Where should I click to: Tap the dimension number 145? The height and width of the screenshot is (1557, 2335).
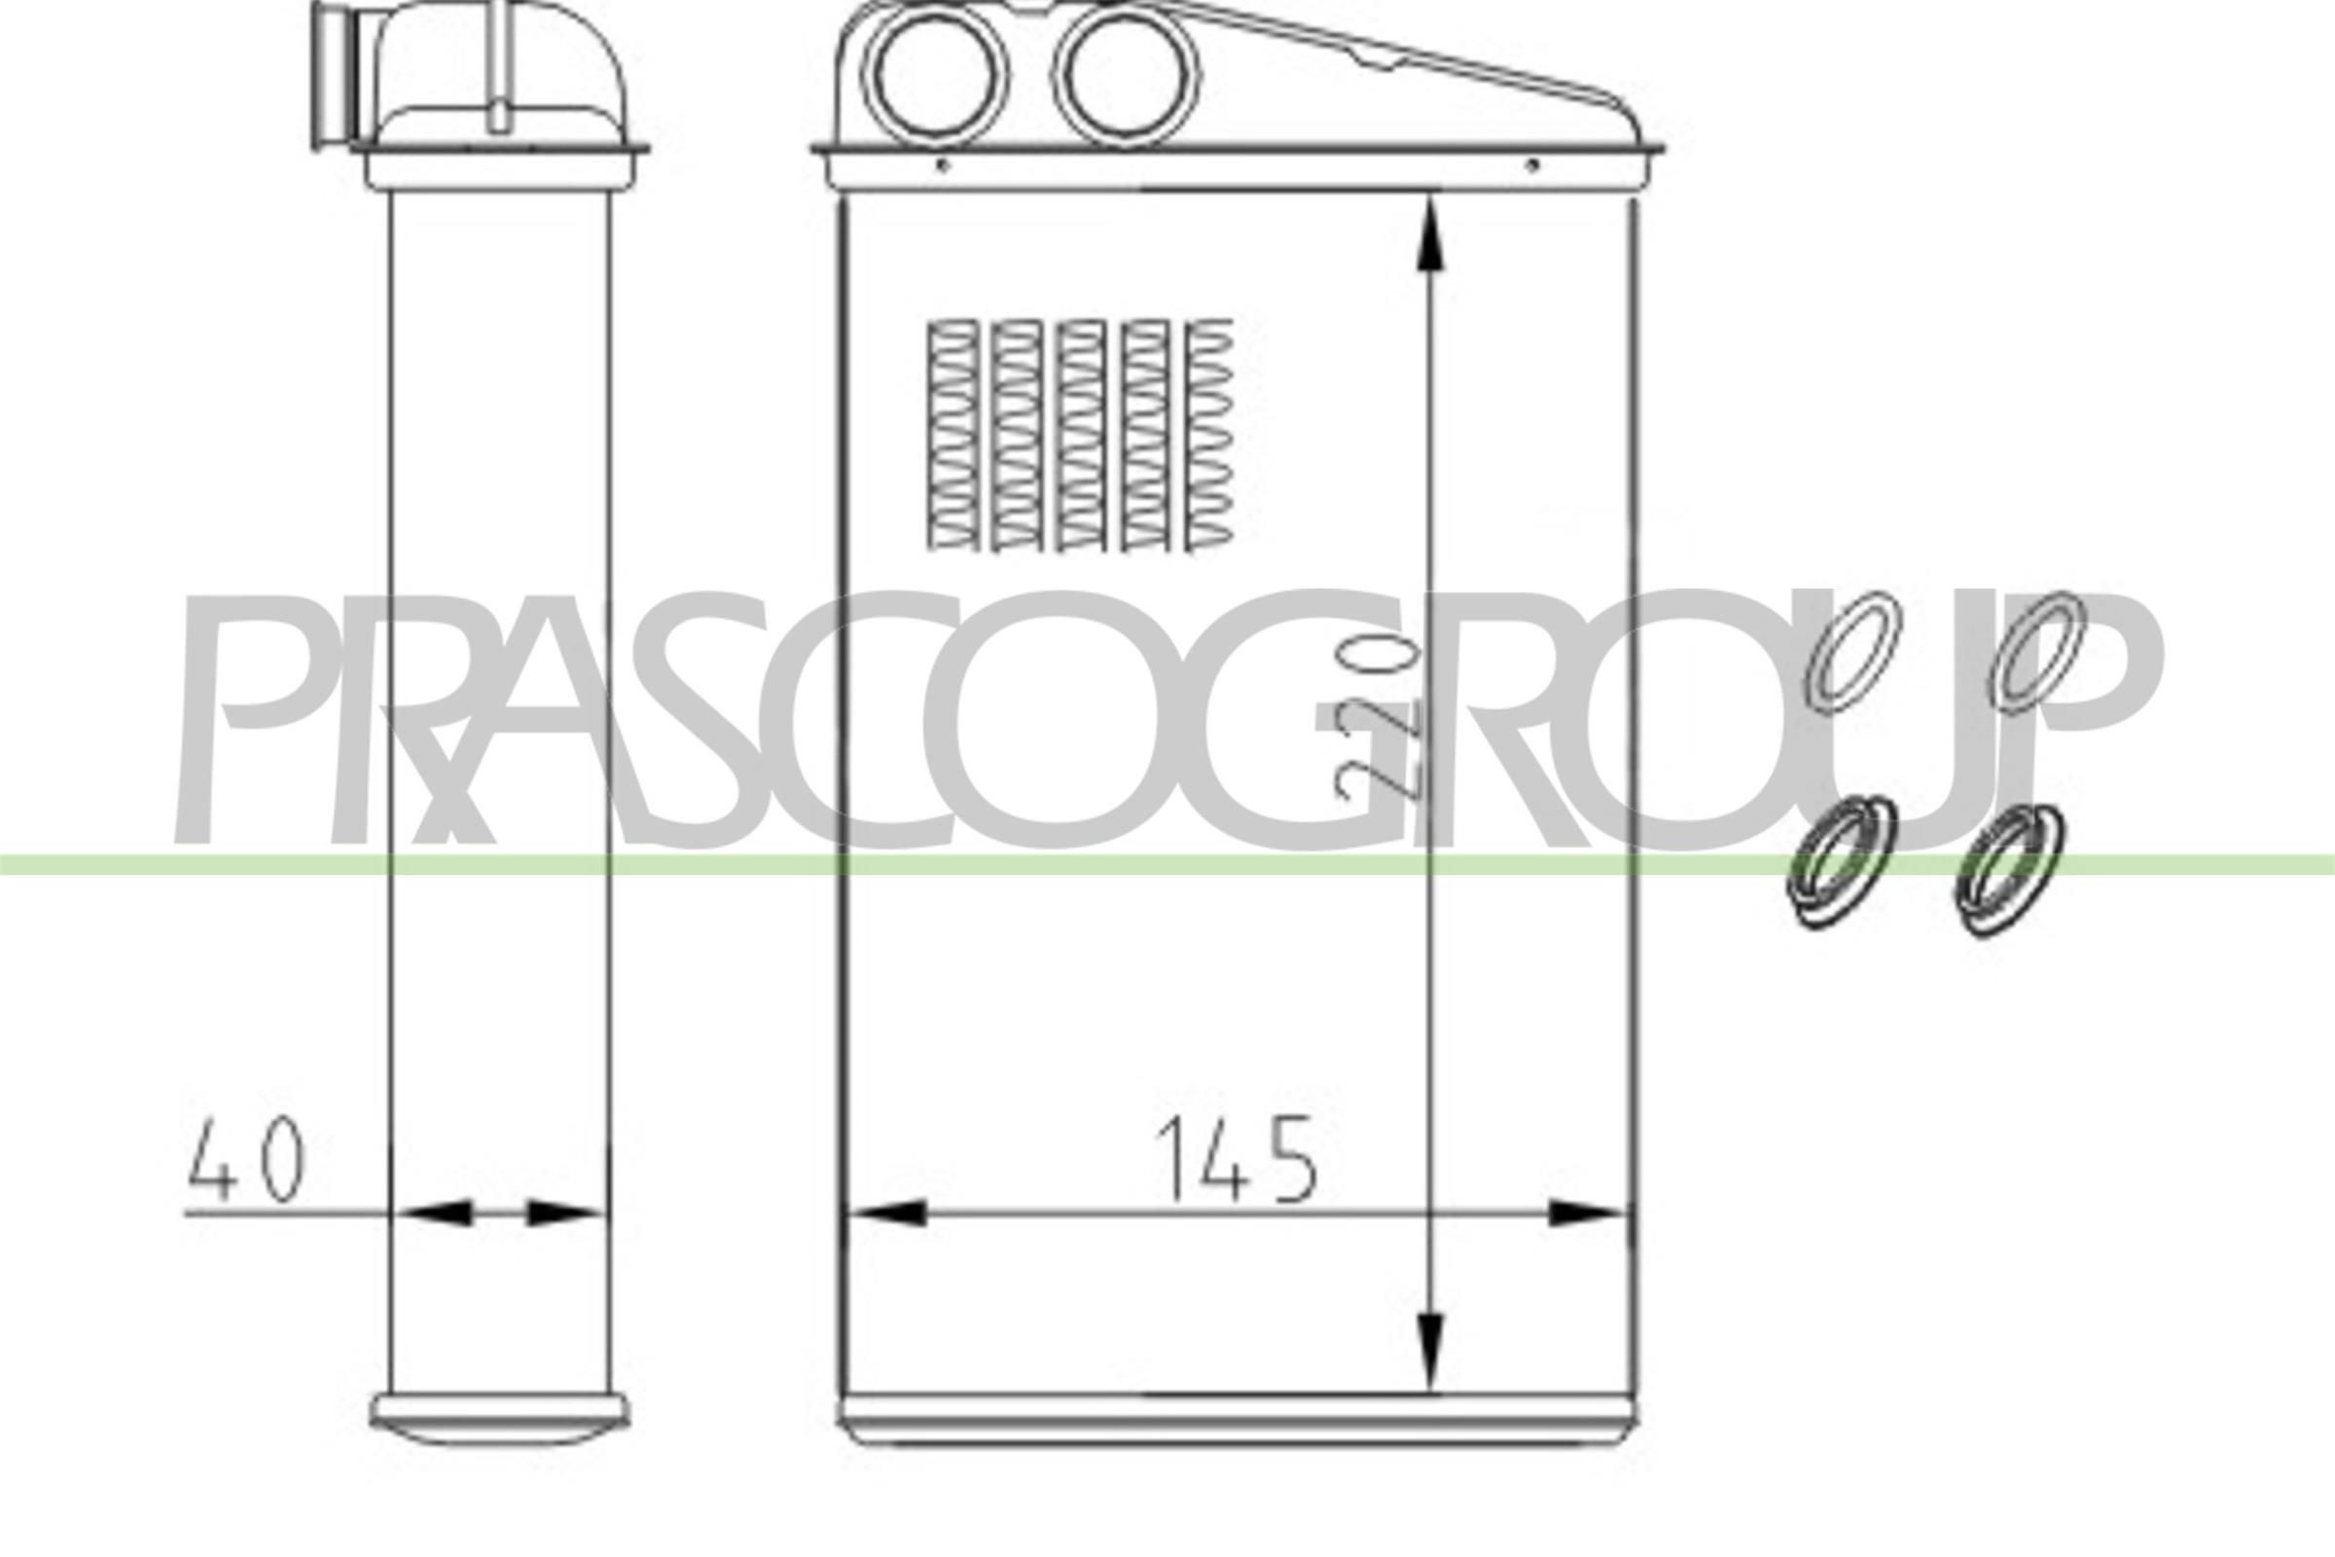tap(1236, 1159)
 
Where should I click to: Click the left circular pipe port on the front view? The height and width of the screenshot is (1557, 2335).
tap(935, 77)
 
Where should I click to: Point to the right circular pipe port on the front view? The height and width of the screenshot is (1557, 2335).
tap(1126, 77)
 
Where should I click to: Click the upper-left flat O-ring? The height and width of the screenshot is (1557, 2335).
tap(1851, 651)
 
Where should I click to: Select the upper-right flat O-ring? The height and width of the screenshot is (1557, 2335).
tap(2035, 651)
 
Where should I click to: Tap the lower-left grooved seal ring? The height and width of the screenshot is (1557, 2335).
tap(1840, 861)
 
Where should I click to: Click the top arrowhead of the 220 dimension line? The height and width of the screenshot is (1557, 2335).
tap(1428, 234)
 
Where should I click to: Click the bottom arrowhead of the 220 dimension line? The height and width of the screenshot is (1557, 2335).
tap(1428, 1351)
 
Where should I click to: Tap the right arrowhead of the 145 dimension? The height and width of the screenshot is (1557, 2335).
tap(1586, 1213)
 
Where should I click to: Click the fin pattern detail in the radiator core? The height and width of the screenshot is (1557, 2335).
tap(1080, 435)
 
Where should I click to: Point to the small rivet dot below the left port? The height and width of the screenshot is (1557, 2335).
tap(942, 165)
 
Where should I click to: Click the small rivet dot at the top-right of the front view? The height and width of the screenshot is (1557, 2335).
tap(1530, 164)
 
